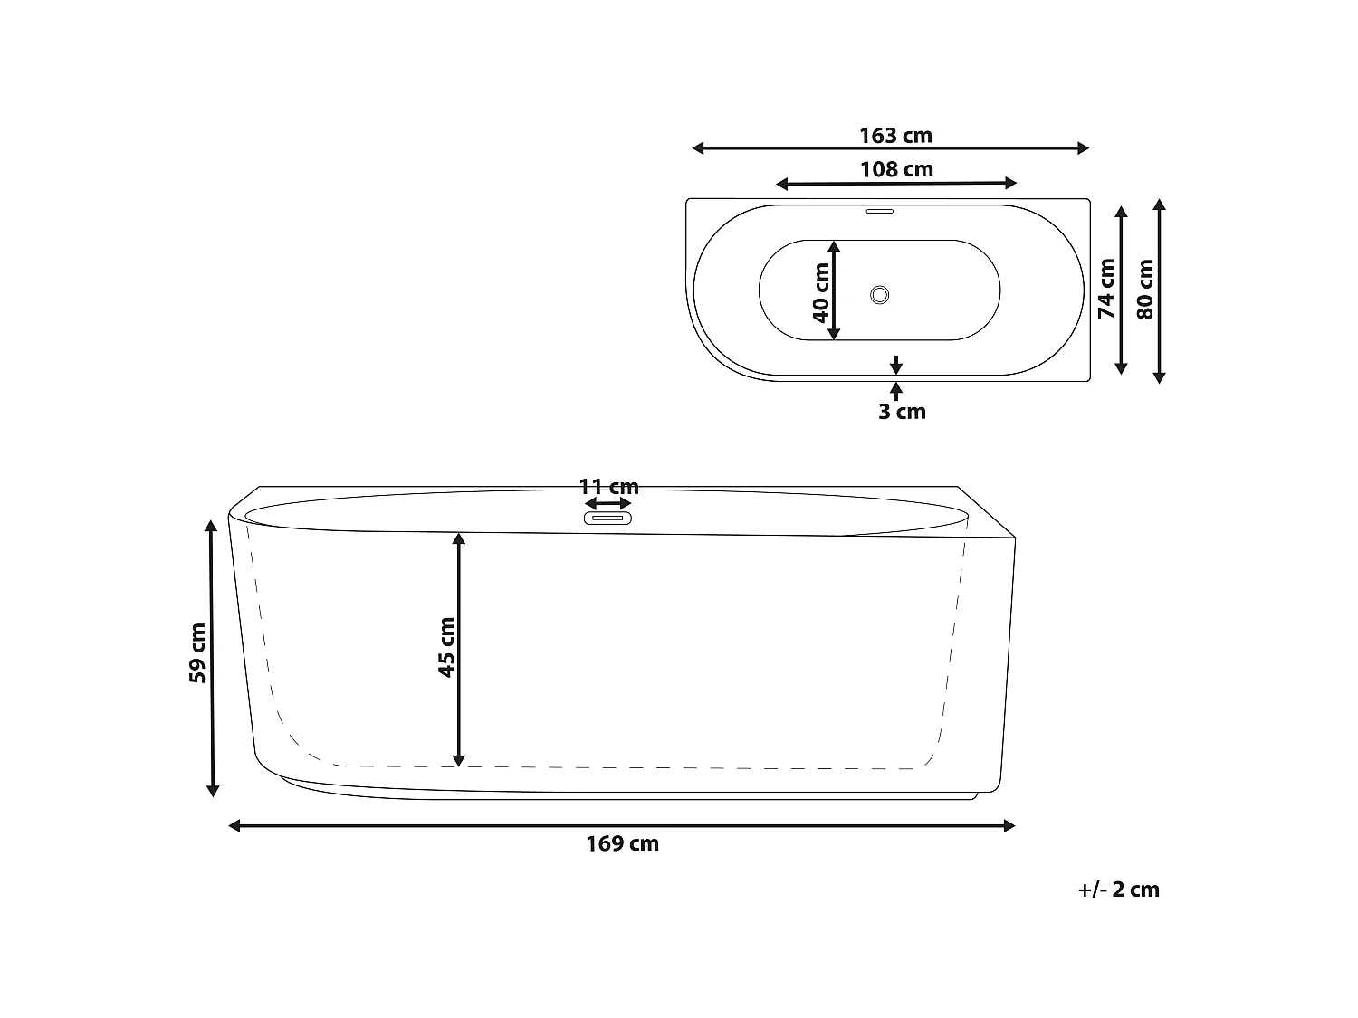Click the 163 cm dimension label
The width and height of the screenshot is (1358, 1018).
pyautogui.click(x=895, y=136)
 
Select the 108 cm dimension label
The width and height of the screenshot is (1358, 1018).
pyautogui.click(x=896, y=169)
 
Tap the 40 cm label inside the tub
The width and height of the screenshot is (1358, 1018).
pyautogui.click(x=821, y=292)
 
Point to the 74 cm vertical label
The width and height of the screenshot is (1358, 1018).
pyautogui.click(x=1105, y=289)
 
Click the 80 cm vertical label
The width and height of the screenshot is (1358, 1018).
pyautogui.click(x=1145, y=290)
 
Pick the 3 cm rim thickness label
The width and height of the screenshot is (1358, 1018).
pyautogui.click(x=902, y=412)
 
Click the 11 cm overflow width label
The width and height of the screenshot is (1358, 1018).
pyautogui.click(x=608, y=487)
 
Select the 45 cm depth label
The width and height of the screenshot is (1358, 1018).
pyautogui.click(x=446, y=647)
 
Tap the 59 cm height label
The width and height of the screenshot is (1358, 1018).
pyautogui.click(x=197, y=652)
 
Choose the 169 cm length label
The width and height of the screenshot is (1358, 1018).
pyautogui.click(x=622, y=843)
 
